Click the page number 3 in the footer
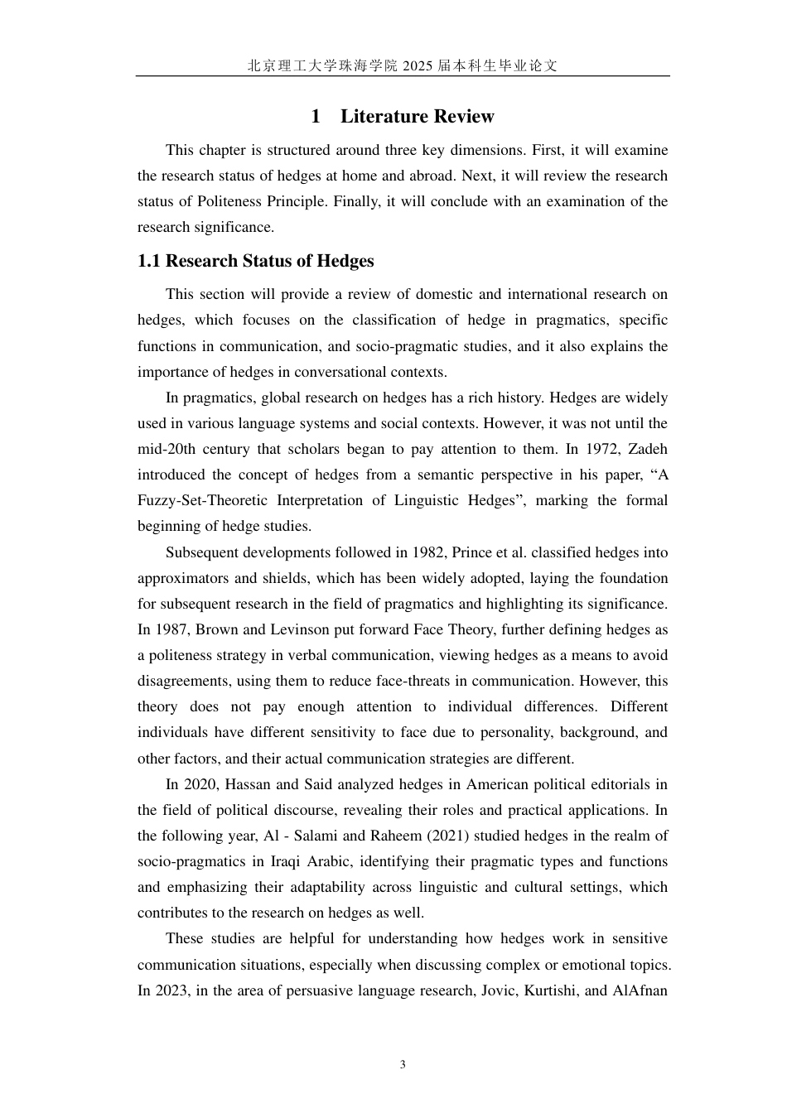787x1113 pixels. click(403, 1064)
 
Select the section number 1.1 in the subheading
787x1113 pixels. click(149, 261)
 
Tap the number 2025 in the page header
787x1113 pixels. click(418, 66)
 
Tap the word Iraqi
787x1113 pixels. click(291, 861)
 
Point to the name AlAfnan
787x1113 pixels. click(640, 990)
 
